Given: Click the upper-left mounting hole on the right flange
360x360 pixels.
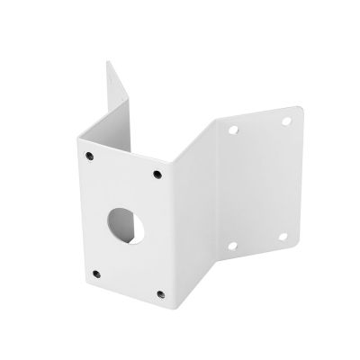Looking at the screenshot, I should coord(234,130).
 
